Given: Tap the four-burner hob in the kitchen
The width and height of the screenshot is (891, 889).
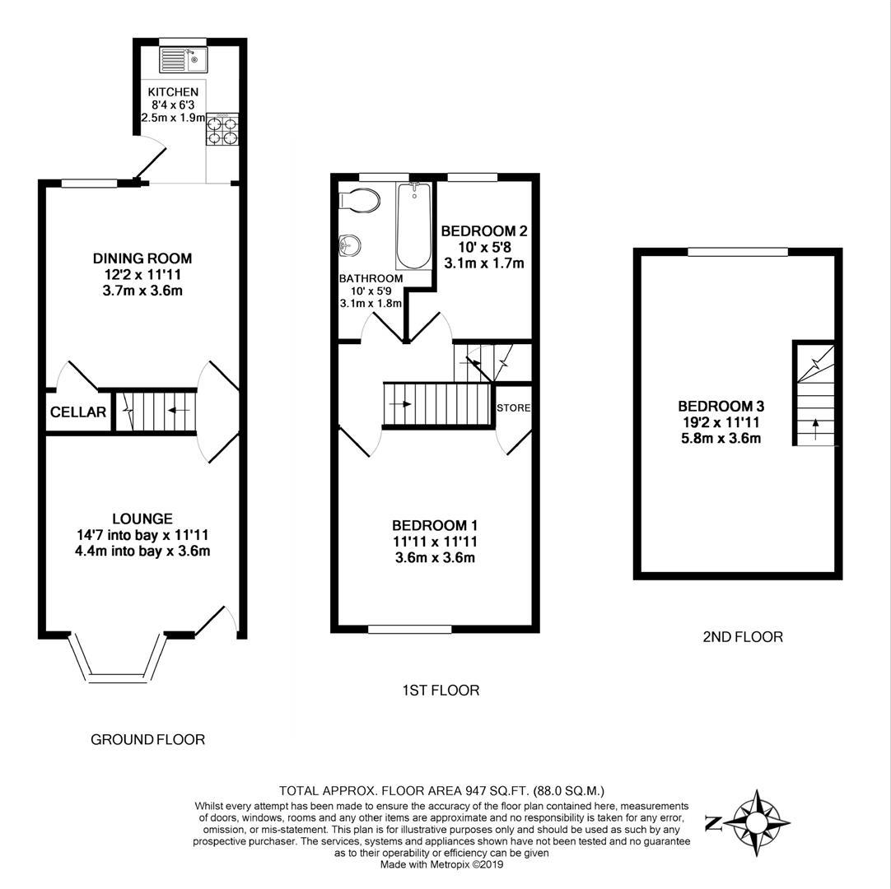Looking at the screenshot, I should (221, 130).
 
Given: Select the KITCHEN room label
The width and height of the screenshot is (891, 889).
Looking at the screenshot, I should (173, 92).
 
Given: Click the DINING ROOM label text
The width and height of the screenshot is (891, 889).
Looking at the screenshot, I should (142, 258).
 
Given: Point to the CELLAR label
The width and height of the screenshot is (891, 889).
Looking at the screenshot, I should (78, 412).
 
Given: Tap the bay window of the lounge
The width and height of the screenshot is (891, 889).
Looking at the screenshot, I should (114, 659).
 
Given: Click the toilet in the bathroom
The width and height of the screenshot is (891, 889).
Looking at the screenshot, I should (360, 200).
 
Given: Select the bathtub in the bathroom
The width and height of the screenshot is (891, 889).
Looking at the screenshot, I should (413, 226).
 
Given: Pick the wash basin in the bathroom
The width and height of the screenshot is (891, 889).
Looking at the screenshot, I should (349, 244).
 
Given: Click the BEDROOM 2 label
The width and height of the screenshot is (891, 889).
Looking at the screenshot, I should (483, 231).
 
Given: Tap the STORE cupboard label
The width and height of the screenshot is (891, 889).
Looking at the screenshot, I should (513, 407).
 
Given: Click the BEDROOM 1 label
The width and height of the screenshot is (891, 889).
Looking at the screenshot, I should (435, 525).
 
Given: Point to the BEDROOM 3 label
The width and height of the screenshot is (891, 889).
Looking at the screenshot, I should (721, 406).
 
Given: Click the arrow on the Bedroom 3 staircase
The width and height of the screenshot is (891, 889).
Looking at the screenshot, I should (815, 426).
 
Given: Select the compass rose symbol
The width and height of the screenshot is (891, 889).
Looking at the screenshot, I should (755, 821).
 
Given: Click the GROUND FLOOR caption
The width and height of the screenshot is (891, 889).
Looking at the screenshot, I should (147, 739).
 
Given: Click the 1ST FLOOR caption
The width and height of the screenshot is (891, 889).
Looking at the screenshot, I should (441, 690).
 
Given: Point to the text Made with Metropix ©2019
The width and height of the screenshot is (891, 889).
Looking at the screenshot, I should (441, 864).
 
